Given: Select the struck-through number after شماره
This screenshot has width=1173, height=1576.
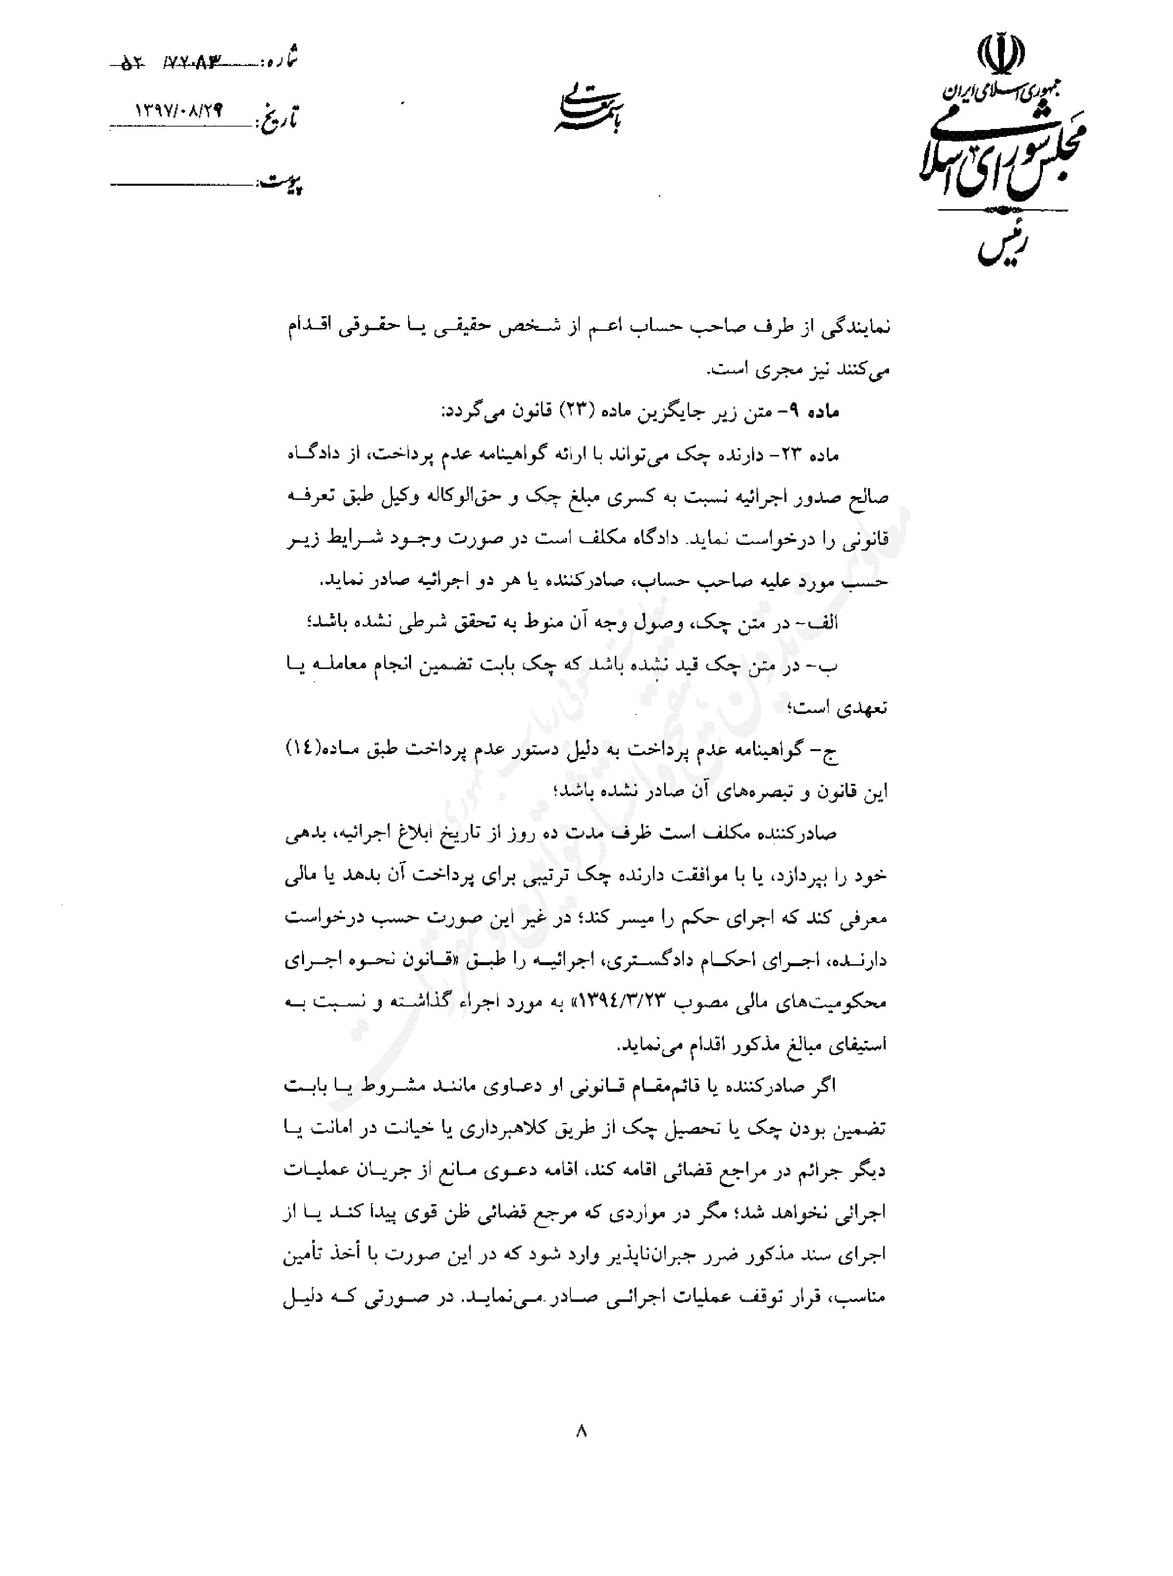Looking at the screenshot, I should point(185,65).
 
